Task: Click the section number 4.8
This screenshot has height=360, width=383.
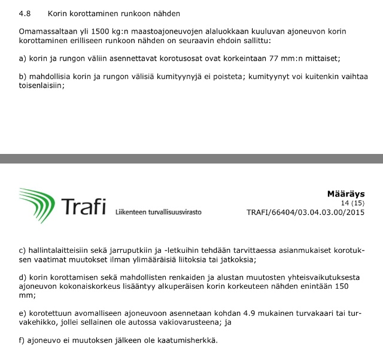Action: click(25, 13)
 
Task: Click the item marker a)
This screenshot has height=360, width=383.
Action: click(23, 58)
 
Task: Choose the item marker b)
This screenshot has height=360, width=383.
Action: click(23, 76)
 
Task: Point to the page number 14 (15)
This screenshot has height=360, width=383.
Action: click(352, 203)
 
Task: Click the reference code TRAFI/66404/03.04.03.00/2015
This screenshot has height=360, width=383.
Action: click(305, 212)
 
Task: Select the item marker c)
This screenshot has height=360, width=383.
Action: click(23, 250)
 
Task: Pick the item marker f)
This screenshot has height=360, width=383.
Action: click(23, 340)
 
